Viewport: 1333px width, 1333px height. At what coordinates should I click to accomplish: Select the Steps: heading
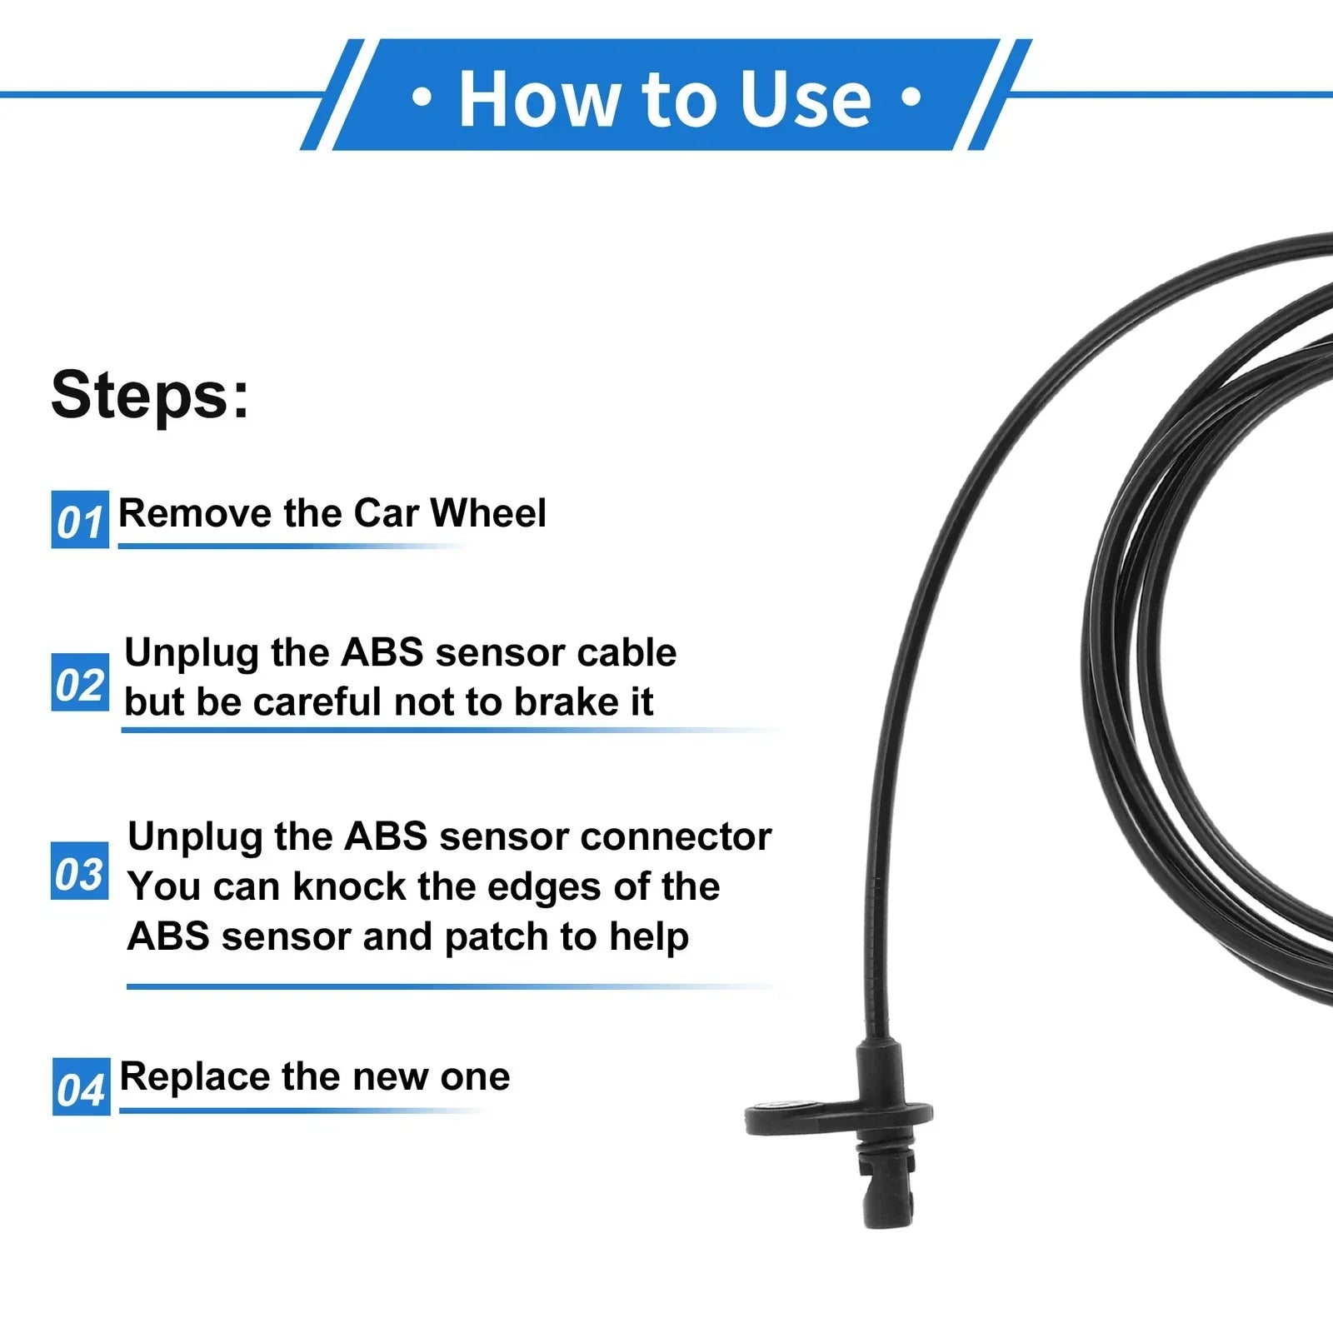(x=150, y=395)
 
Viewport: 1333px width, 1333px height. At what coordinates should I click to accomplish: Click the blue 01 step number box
(x=80, y=520)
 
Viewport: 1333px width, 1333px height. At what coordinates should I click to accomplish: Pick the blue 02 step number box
(x=80, y=682)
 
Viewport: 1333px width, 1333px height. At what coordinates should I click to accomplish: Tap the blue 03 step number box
(x=80, y=871)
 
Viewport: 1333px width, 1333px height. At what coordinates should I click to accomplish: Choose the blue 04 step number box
(x=81, y=1087)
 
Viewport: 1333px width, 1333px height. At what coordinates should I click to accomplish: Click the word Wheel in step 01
(x=488, y=512)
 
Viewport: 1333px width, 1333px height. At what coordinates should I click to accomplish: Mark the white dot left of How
(x=422, y=98)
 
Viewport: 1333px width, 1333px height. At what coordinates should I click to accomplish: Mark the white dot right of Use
(x=911, y=98)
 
